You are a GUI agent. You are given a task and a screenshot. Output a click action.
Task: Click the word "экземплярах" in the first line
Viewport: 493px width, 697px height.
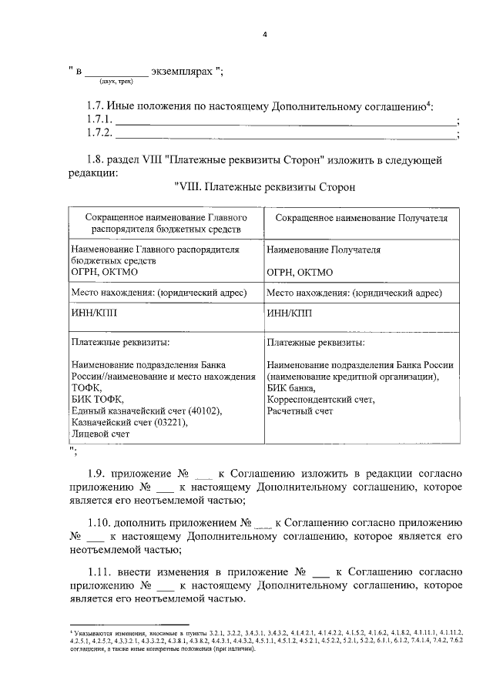click(x=181, y=71)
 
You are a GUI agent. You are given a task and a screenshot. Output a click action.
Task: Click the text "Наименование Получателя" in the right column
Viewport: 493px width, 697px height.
click(x=324, y=250)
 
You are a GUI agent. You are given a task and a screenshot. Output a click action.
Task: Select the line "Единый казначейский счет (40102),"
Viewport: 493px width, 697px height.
click(x=146, y=411)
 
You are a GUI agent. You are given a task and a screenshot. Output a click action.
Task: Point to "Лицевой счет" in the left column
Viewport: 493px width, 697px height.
click(x=100, y=434)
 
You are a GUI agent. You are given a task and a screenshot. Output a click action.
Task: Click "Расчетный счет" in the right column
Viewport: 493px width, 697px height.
click(x=300, y=411)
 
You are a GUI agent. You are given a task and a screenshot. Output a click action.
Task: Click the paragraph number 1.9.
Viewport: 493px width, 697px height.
click(x=96, y=473)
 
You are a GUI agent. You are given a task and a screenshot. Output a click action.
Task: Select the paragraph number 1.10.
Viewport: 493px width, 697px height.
click(x=99, y=521)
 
